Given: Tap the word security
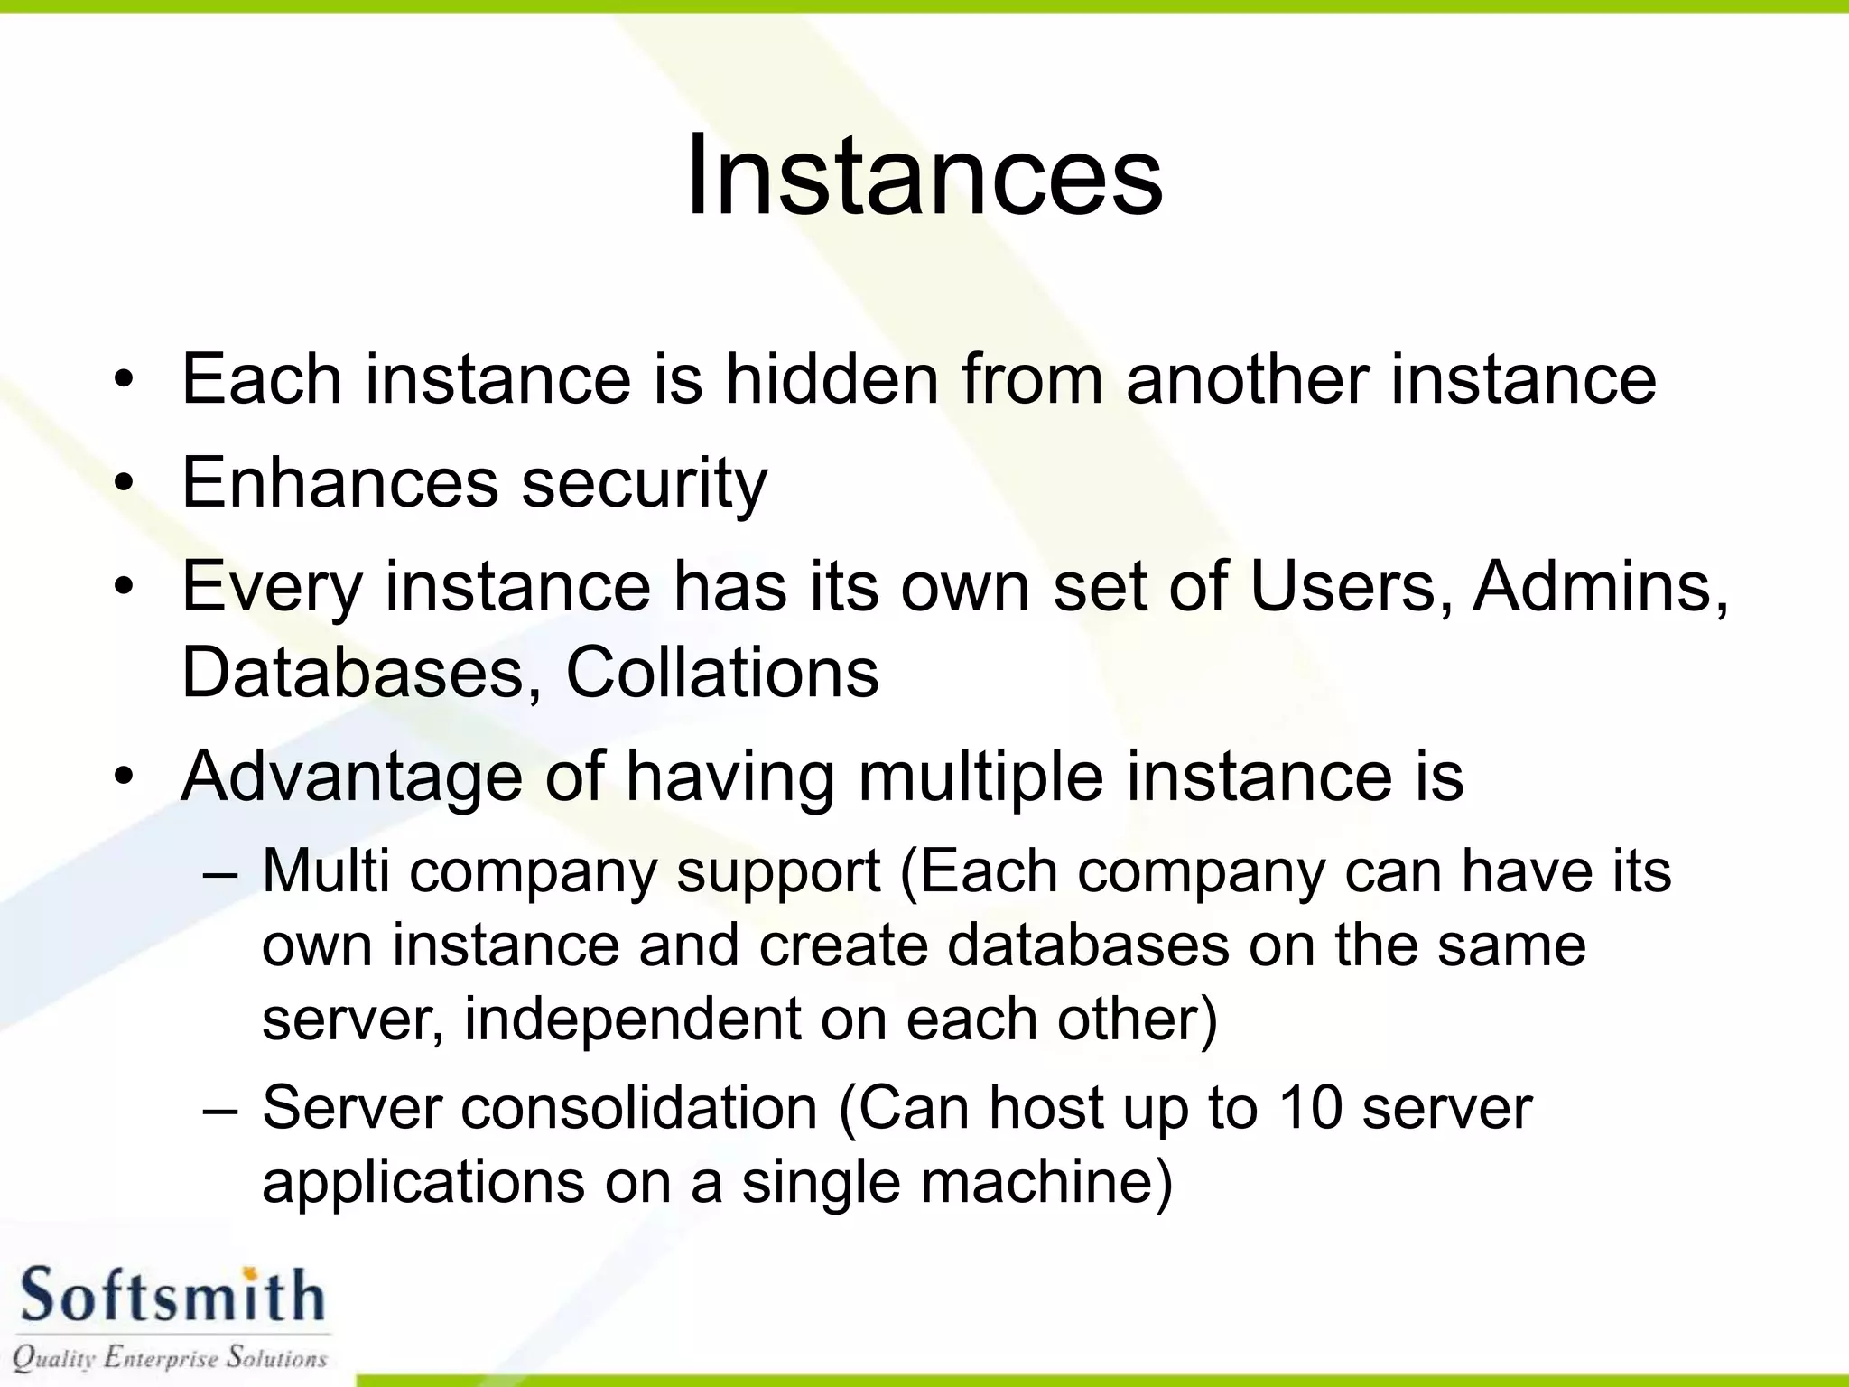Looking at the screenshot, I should (644, 484).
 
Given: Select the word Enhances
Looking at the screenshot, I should (339, 482).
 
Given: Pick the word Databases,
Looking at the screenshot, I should (362, 673).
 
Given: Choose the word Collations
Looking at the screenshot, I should (721, 673).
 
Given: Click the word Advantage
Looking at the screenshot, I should (351, 777).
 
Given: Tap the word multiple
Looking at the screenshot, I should (980, 777).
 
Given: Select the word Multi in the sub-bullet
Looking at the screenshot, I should (326, 872).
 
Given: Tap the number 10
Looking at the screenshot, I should (1310, 1109).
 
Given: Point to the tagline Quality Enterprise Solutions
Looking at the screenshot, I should (170, 1357).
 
